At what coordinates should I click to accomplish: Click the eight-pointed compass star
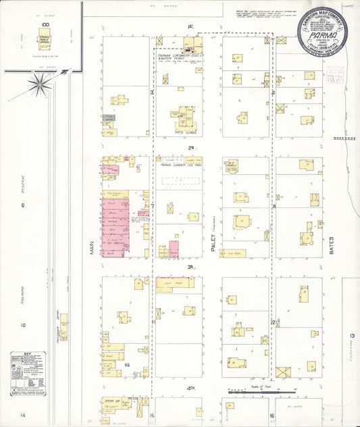[x=40, y=84]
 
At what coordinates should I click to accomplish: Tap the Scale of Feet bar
[x=253, y=391]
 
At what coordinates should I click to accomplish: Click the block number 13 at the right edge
[x=352, y=336]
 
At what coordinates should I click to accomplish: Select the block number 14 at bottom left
[x=22, y=414]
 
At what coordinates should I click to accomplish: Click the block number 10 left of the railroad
[x=22, y=325]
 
